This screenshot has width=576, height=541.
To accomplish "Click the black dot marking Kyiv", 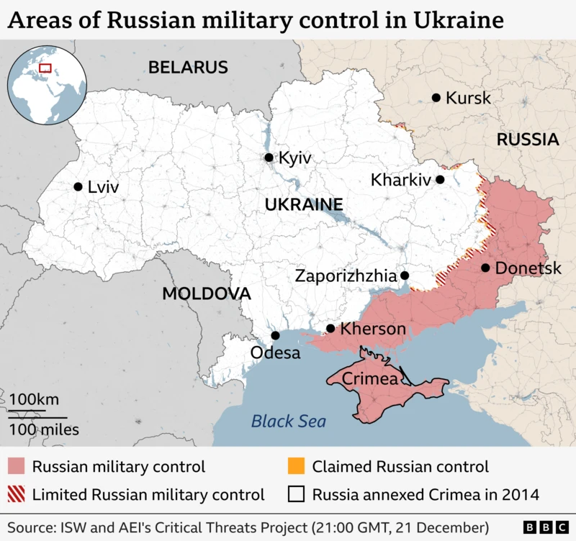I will click(x=269, y=158).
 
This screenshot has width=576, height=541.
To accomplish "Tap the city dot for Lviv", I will click(x=78, y=186).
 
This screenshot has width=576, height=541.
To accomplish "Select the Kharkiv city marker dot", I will click(x=440, y=179).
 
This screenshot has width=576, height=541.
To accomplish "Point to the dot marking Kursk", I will click(x=436, y=98).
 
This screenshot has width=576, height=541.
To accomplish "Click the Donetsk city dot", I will click(x=485, y=268).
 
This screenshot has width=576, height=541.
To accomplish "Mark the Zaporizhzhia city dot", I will click(x=405, y=275).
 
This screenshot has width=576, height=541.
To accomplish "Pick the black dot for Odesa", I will click(x=275, y=335).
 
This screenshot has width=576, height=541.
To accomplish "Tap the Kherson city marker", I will click(x=330, y=329).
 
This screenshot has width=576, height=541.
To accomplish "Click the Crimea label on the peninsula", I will click(x=369, y=378).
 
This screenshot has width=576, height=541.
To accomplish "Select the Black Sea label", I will click(x=288, y=422).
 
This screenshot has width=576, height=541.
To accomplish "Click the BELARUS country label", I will click(x=188, y=68).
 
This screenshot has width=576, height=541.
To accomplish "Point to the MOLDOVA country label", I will click(x=207, y=294).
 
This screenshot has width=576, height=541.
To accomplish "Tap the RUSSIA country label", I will click(x=527, y=140).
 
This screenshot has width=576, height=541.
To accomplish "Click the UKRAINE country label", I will click(x=303, y=204).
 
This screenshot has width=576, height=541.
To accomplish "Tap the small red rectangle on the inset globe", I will click(x=45, y=68).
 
